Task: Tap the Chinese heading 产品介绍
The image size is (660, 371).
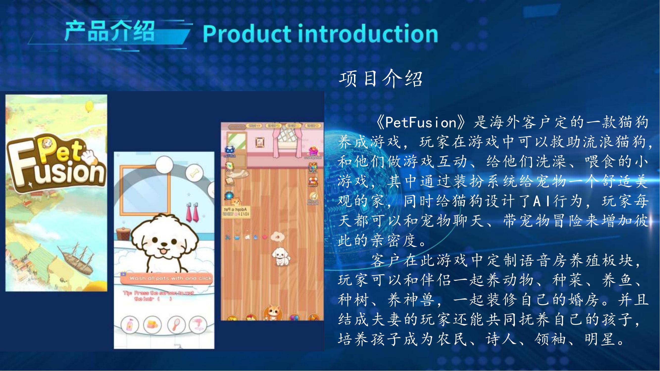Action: pos(109,31)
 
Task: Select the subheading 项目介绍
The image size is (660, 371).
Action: pos(380,79)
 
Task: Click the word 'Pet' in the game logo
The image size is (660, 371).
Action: pos(61,151)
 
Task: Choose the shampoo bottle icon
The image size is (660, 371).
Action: pos(130,325)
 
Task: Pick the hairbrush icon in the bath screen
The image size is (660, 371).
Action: pos(176,325)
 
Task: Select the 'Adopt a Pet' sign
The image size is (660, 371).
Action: pos(236,212)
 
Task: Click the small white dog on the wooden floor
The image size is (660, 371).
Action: pos(281,256)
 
